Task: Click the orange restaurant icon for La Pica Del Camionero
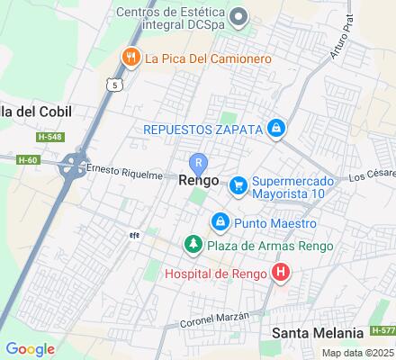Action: tap(131, 58)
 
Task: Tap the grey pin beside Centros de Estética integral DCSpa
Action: tap(238, 17)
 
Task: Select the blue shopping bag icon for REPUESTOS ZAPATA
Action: tap(276, 130)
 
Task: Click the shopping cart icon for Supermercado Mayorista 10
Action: tap(238, 185)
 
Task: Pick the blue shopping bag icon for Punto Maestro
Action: tap(219, 221)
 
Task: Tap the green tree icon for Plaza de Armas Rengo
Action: tap(192, 245)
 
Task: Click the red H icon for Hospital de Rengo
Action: tap(281, 271)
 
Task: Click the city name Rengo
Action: tap(199, 180)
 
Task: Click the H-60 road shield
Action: tap(28, 159)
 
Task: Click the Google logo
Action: tap(30, 348)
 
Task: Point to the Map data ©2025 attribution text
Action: tap(358, 353)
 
